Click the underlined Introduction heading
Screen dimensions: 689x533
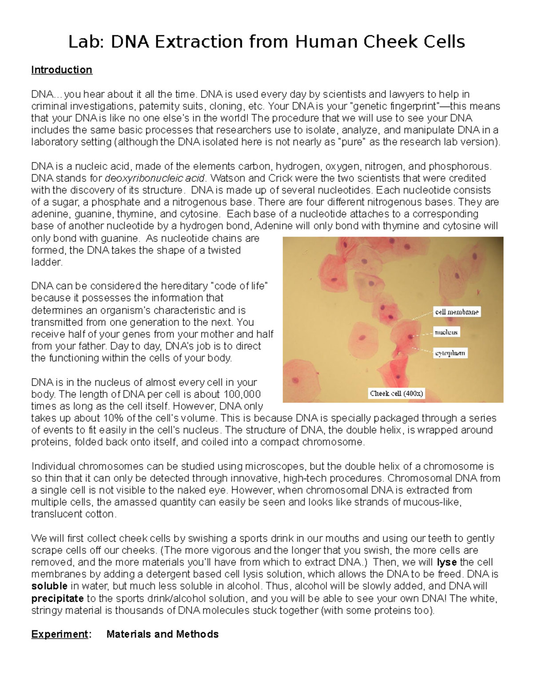click(62, 70)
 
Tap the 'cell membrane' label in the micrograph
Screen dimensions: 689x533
click(457, 312)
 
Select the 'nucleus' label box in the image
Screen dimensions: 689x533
click(446, 332)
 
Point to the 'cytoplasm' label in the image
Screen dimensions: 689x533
click(450, 353)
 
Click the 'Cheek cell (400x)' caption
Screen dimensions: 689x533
click(397, 394)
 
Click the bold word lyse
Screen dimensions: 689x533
click(447, 563)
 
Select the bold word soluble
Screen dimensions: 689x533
click(49, 586)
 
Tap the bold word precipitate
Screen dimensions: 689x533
click(57, 598)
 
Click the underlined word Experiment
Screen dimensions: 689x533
click(60, 634)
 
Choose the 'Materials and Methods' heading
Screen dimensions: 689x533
click(163, 634)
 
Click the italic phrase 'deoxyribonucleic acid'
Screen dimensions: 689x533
click(155, 178)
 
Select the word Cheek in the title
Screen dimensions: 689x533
click(389, 42)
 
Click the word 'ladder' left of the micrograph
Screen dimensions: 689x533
click(46, 262)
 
